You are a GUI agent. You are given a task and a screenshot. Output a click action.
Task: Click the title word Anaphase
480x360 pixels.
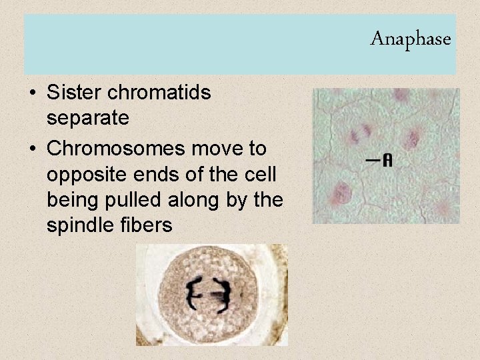[x=410, y=39]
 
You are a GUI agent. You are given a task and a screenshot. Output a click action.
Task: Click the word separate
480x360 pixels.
[x=88, y=119]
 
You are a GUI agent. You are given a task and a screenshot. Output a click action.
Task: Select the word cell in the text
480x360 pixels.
[x=261, y=174]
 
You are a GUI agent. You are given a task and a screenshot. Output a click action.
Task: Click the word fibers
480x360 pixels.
[x=148, y=226]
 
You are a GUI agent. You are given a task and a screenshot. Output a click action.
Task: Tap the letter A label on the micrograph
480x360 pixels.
[x=387, y=161]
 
